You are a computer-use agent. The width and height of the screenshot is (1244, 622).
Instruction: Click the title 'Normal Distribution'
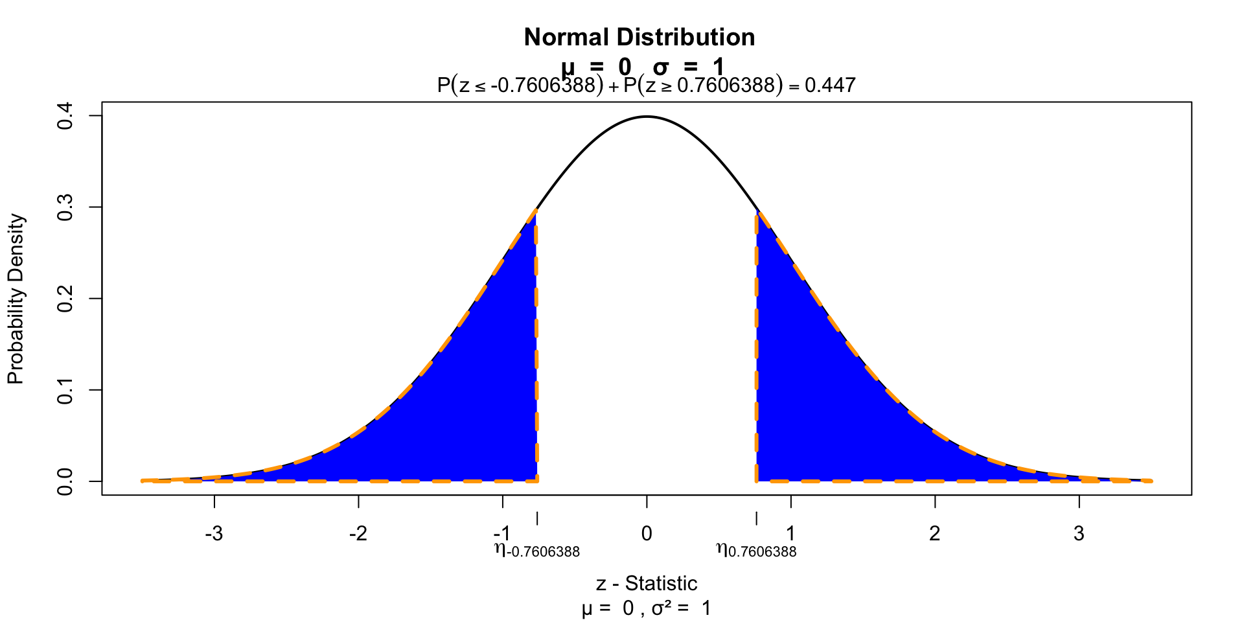pos(639,38)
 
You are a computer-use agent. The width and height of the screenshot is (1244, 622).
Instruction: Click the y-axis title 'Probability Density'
pos(16,299)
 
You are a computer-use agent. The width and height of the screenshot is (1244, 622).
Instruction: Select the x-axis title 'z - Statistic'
pos(646,584)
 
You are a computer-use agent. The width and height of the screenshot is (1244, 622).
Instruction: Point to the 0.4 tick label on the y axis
pos(65,116)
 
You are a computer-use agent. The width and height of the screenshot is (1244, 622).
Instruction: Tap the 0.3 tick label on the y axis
pos(65,207)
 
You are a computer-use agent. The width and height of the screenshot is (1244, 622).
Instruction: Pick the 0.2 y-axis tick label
pos(65,299)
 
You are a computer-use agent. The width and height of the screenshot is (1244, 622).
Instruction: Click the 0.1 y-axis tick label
pos(65,390)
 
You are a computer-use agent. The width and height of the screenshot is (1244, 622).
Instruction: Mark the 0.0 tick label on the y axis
pos(65,481)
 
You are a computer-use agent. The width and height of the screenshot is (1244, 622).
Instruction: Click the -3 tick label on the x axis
pos(214,534)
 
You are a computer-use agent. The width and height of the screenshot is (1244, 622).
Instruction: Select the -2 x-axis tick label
pos(358,534)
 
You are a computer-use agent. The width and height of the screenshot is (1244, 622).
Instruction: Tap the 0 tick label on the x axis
pos(646,534)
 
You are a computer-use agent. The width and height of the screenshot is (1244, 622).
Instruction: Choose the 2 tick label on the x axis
pos(934,534)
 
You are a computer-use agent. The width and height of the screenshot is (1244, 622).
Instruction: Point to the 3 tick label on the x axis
pos(1078,534)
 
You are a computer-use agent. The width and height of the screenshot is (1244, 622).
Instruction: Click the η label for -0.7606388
pos(536,551)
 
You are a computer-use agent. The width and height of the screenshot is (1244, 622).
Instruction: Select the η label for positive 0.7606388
pos(756,551)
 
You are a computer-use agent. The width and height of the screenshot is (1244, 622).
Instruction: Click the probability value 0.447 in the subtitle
pos(830,85)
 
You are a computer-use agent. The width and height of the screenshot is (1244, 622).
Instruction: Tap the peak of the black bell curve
pos(647,117)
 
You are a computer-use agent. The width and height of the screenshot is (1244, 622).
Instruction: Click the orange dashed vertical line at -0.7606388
pos(536,350)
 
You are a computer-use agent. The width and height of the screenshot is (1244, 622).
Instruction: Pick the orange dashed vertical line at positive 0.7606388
pos(756,350)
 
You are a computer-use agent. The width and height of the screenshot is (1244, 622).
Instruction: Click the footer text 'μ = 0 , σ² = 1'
pos(646,609)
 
